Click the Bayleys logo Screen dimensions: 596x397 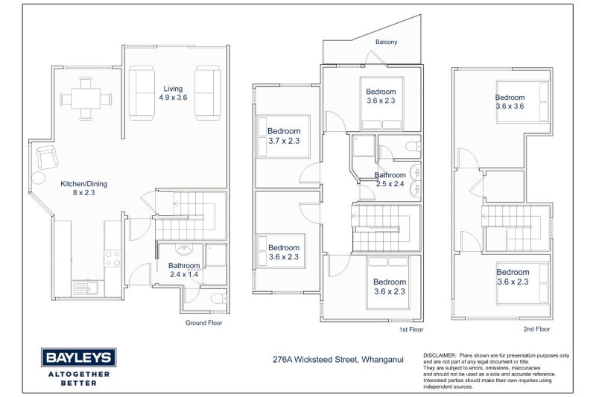tap(79, 367)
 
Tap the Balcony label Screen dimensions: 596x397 tap(386, 42)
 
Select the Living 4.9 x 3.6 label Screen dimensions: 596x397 tap(173, 93)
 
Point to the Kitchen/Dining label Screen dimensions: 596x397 tap(84, 184)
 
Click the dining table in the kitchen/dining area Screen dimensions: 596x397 tap(86, 99)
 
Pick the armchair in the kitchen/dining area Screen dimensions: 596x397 tap(48, 157)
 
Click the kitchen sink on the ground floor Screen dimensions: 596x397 tap(86, 288)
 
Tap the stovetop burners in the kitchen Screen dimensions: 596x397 tap(112, 258)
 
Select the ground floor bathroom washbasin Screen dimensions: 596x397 tap(184, 250)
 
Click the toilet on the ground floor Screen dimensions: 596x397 tap(219, 298)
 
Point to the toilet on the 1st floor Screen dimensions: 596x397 tap(413, 146)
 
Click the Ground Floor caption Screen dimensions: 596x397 tap(203, 323)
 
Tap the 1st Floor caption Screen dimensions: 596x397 tap(411, 329)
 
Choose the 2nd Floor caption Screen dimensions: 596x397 tap(536, 329)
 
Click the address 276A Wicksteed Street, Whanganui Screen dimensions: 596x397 tap(338, 360)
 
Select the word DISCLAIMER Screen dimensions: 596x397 tap(440, 355)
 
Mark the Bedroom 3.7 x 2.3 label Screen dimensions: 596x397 tap(284, 136)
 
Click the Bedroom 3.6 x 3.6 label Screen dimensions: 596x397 tap(510, 102)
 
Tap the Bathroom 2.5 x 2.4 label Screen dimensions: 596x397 tap(390, 180)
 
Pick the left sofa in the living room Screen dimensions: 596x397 tap(142, 93)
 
